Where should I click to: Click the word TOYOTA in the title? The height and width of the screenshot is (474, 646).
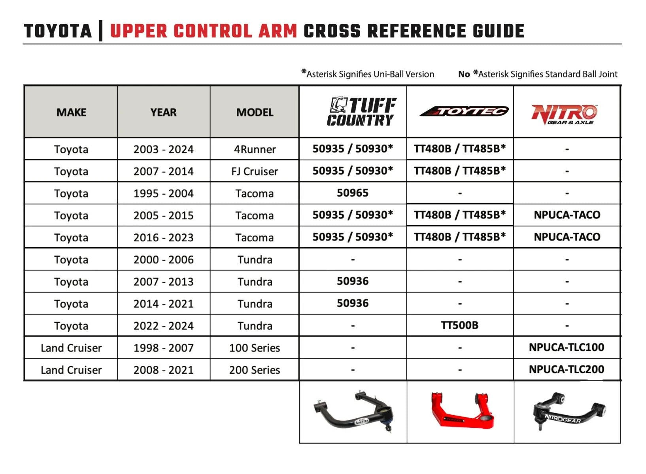tap(58, 32)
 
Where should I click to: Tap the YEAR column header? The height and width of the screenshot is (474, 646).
tap(163, 112)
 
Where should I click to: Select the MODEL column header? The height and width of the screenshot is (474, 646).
tap(255, 112)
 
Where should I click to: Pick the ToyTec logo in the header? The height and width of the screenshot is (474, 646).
tap(464, 111)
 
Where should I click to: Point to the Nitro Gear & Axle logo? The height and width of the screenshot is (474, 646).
tap(564, 114)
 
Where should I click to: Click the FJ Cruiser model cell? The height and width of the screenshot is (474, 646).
tap(255, 171)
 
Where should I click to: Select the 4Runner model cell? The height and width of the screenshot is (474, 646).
tap(255, 149)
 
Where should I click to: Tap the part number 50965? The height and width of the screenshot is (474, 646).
tap(352, 193)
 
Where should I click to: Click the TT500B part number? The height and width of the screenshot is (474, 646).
tap(459, 325)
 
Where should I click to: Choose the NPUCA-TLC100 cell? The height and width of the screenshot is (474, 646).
tap(566, 347)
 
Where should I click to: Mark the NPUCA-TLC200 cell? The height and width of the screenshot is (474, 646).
tap(566, 369)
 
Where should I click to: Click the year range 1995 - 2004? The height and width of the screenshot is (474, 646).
tap(163, 194)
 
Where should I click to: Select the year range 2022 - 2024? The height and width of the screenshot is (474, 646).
tap(163, 326)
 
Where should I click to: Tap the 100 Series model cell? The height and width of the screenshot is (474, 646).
tap(255, 348)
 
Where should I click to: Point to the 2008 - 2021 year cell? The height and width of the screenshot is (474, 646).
tap(163, 370)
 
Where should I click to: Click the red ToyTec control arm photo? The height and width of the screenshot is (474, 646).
tap(462, 411)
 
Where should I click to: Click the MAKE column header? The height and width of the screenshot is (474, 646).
tap(71, 112)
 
